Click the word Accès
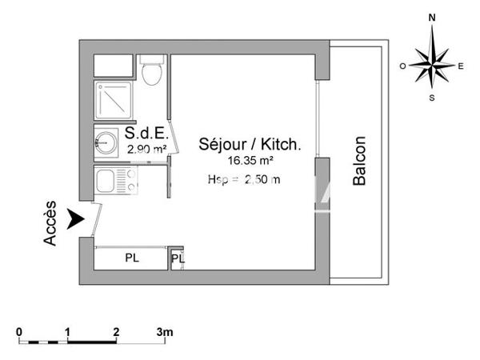pyautogui.click(x=51, y=223)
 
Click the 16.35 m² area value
pyautogui.click(x=250, y=160)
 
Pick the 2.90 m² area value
pyautogui.click(x=147, y=149)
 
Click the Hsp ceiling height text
pyautogui.click(x=243, y=180)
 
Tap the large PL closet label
pyautogui.click(x=130, y=259)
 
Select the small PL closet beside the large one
pyautogui.click(x=177, y=259)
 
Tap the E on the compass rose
pyautogui.click(x=460, y=66)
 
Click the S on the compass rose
pyautogui.click(x=432, y=98)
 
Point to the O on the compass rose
pyautogui.click(x=404, y=66)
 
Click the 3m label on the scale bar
pyautogui.click(x=164, y=331)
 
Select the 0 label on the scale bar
pyautogui.click(x=19, y=331)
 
